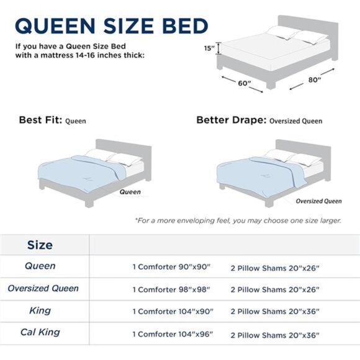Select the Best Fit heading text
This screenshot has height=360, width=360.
click(40, 120)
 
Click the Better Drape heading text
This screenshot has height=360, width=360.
click(231, 120)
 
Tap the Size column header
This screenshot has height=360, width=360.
click(40, 245)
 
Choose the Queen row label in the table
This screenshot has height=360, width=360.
click(40, 266)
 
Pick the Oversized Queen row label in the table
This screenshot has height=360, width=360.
click(43, 289)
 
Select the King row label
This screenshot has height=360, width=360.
click(40, 310)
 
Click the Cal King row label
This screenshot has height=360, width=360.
click(40, 333)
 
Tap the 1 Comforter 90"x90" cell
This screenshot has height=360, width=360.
click(171, 267)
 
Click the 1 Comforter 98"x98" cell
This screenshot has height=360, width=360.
click(171, 289)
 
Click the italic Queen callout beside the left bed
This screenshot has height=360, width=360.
click(130, 192)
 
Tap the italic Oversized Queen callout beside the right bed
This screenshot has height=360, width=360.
click(318, 201)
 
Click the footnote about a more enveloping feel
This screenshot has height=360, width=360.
click(238, 220)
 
